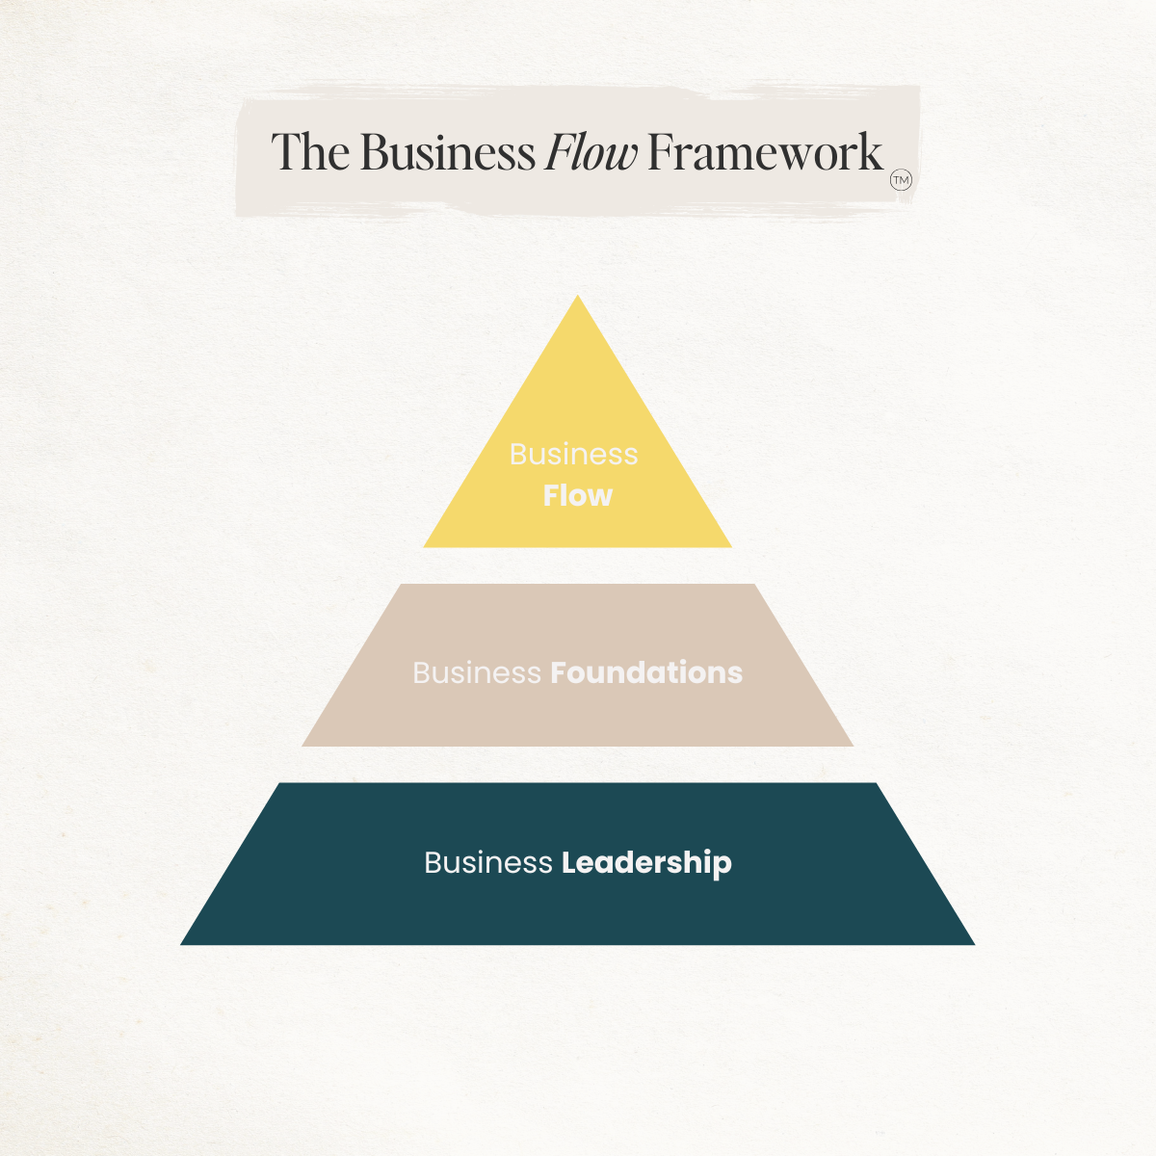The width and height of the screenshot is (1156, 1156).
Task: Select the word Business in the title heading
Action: tap(448, 152)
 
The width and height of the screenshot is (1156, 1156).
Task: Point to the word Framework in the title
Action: tap(765, 152)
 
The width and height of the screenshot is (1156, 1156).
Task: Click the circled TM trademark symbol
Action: tap(901, 180)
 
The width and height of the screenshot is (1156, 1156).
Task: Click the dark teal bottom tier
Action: tap(578, 906)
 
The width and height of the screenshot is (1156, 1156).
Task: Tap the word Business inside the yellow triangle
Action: tap(574, 454)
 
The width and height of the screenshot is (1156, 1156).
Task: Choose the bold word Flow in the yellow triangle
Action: tap(578, 495)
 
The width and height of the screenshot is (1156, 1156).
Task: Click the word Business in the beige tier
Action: tap(477, 672)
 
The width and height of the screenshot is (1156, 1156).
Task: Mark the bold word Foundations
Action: tap(646, 672)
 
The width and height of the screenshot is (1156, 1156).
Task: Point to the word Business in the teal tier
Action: tap(488, 862)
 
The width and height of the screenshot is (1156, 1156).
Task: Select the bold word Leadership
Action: tap(646, 862)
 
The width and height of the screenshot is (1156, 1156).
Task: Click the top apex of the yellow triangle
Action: tap(578, 298)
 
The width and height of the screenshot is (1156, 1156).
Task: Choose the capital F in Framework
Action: tap(660, 152)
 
